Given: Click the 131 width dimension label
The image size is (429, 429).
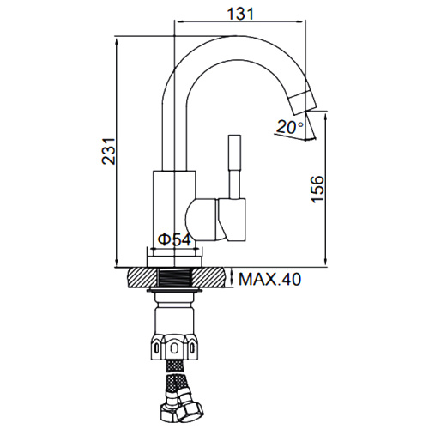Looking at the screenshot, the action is [x=240, y=14].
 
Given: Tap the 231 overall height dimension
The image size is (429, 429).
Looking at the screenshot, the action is [x=109, y=151].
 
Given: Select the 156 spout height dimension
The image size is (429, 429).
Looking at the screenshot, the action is [x=317, y=190].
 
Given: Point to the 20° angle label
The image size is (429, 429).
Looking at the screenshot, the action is [x=290, y=127].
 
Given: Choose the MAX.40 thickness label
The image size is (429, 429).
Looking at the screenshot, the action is [x=269, y=279].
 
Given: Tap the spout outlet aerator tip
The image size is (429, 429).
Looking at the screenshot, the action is [x=302, y=102].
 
